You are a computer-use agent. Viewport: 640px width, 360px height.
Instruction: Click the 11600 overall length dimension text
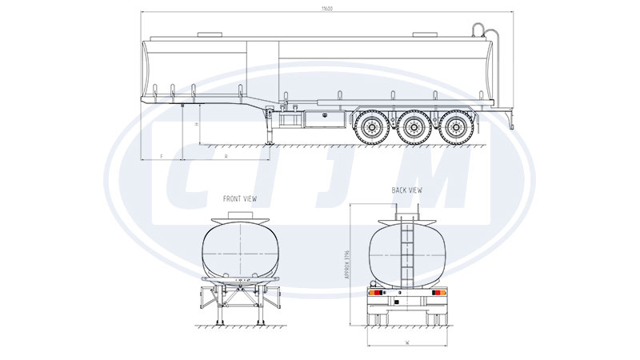(x=326, y=9)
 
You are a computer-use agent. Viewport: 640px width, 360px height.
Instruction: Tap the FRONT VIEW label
(x=241, y=198)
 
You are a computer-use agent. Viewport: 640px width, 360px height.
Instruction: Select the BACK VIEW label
(x=406, y=190)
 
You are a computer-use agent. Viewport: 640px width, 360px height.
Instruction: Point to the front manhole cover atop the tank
(x=210, y=34)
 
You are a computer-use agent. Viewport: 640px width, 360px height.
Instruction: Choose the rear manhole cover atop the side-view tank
(x=423, y=34)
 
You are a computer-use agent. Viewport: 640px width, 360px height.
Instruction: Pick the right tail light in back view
(x=438, y=293)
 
